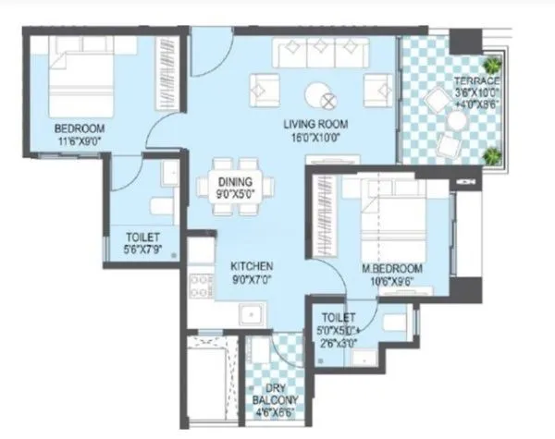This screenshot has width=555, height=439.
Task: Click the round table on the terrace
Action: [x=432, y=104]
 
